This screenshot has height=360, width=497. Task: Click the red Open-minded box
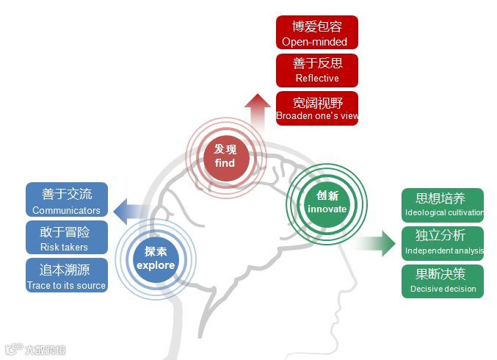(x=317, y=33)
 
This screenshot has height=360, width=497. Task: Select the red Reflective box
(x=317, y=70)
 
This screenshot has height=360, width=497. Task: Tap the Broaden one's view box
(x=317, y=108)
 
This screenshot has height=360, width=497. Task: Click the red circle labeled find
(x=225, y=156)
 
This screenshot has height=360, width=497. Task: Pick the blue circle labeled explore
(x=156, y=258)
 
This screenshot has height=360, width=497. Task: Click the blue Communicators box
(x=66, y=201)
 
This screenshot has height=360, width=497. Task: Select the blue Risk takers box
(x=66, y=238)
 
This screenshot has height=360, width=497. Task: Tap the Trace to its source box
(x=66, y=276)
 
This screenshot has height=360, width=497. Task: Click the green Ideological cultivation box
(x=443, y=206)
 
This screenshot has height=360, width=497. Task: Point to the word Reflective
(x=317, y=78)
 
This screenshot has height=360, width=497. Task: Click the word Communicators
(x=66, y=211)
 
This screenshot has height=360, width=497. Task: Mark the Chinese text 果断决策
(x=443, y=274)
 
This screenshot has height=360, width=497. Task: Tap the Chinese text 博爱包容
(x=317, y=27)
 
